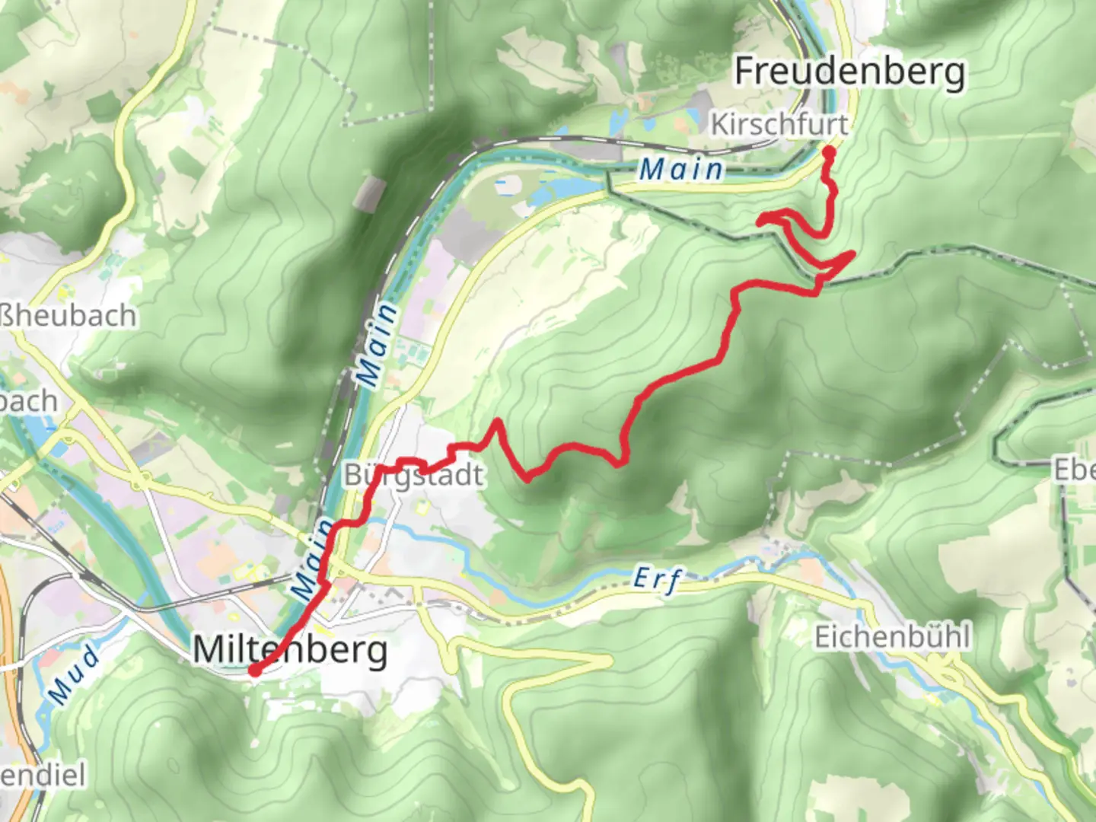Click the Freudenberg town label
(x=849, y=72)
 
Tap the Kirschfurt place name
(x=779, y=124)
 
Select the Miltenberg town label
(x=290, y=651)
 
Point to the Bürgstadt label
(x=413, y=476)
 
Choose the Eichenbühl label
(x=892, y=636)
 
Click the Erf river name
(x=657, y=580)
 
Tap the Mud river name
(x=73, y=674)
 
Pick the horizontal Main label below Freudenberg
(x=681, y=169)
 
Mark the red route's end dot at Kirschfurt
(x=828, y=152)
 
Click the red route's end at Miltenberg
(x=254, y=671)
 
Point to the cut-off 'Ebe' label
(x=1074, y=470)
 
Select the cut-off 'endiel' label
(x=43, y=776)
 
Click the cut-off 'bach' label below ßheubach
(x=29, y=401)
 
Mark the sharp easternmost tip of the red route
(x=854, y=253)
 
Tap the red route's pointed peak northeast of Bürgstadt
(x=497, y=420)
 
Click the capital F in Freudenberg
(x=747, y=72)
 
